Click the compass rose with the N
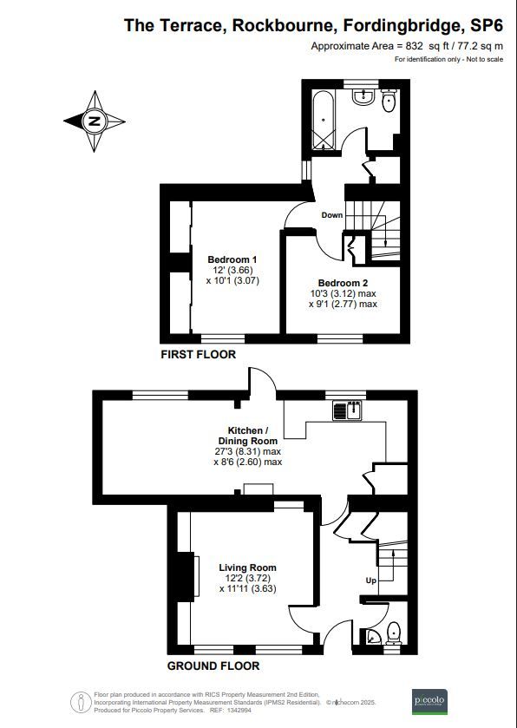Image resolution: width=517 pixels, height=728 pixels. click(x=93, y=121)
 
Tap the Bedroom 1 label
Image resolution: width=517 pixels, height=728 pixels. click(x=232, y=259)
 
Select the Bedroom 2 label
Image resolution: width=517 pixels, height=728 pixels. click(x=343, y=283)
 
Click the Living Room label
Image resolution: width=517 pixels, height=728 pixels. click(x=247, y=567)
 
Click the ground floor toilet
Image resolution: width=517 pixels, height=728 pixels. click(x=392, y=632)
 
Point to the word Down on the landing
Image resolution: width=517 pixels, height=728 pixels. click(x=332, y=215)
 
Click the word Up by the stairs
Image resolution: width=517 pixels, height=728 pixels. click(x=370, y=580)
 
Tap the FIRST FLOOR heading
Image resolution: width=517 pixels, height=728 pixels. click(x=199, y=355)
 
